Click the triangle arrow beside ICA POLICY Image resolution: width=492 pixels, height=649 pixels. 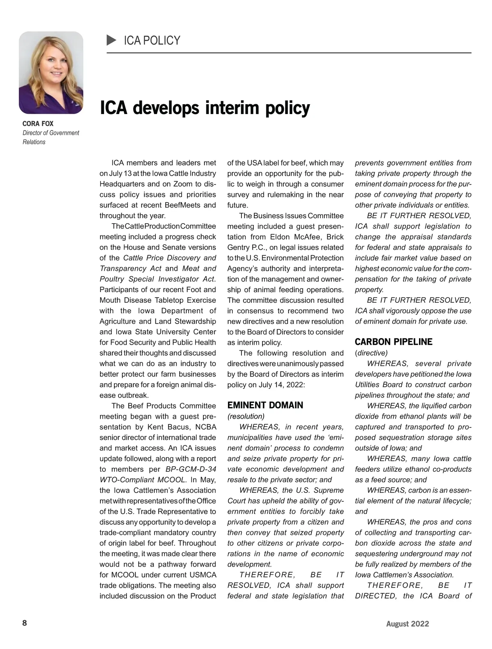pos(111,40)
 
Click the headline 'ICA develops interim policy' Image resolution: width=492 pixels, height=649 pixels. pos(205,108)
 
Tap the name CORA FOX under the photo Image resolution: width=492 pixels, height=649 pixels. pos(38,123)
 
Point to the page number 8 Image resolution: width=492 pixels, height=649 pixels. pos(25,623)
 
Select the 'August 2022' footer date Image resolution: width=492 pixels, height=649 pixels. pos(407,624)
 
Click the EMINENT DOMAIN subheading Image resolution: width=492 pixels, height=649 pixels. pos(265,405)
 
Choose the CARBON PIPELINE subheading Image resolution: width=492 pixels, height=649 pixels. pos(393,342)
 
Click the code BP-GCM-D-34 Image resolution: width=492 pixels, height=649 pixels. pos(191,469)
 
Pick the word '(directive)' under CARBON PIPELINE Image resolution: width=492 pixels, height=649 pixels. pos(371,353)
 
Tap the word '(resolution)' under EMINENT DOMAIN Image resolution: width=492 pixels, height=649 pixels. pos(246,416)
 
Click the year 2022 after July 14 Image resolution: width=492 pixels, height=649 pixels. pos(294,385)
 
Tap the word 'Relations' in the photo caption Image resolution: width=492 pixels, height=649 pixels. pos(34,142)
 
